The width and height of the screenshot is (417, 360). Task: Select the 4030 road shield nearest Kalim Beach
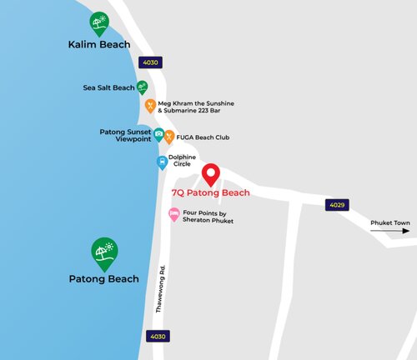point(150,62)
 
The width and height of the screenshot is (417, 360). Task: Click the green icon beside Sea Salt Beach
point(142,87)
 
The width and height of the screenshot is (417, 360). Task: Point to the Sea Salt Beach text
point(108,87)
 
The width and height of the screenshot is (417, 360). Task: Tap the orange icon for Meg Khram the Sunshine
point(150,106)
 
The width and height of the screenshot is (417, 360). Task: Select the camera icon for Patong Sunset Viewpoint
point(158,134)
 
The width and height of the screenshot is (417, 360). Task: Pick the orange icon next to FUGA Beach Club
point(169,137)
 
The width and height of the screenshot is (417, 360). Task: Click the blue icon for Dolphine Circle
point(163,162)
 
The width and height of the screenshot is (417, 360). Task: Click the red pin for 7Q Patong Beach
point(211,175)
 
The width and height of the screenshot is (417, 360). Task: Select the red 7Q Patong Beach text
point(210,192)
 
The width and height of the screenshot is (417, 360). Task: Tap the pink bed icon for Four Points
point(174,214)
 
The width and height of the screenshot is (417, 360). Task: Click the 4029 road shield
point(335,205)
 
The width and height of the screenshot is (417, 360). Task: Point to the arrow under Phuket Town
point(392,232)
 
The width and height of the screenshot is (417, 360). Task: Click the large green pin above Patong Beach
point(104,252)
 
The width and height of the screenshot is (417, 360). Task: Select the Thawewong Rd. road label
point(161,288)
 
